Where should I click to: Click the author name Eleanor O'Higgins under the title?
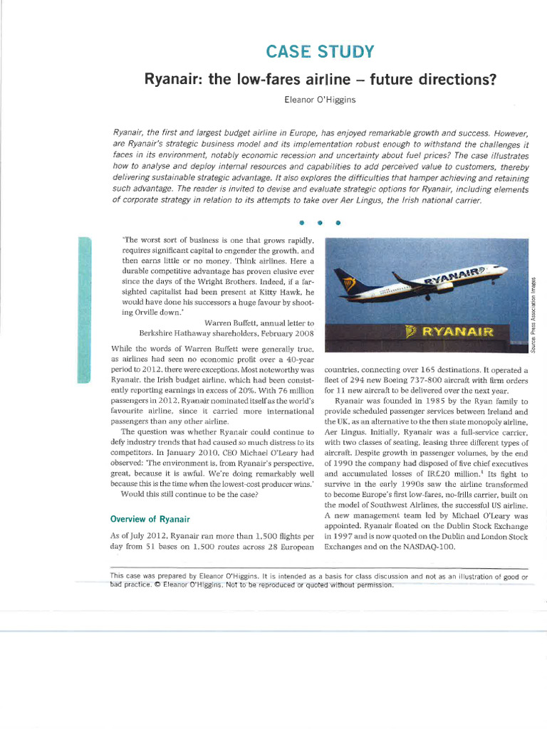319,99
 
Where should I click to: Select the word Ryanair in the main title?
172,79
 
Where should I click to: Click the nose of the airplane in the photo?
504,269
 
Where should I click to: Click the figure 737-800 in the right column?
428,380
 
